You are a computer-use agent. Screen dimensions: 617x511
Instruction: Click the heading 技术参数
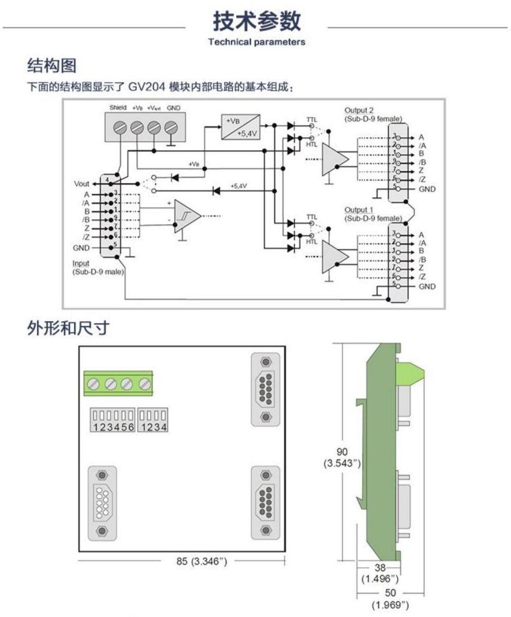point(255,22)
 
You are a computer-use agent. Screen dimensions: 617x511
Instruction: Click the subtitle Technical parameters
point(256,42)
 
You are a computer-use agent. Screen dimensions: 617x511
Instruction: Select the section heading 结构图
point(52,66)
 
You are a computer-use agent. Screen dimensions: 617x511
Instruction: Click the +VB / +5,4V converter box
point(240,125)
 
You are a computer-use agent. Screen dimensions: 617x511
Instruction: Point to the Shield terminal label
point(118,108)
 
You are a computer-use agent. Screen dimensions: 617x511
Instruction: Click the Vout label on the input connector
point(81,183)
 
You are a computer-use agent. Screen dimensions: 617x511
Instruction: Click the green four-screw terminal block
point(118,384)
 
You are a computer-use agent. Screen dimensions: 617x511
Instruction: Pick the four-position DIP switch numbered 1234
point(152,420)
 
